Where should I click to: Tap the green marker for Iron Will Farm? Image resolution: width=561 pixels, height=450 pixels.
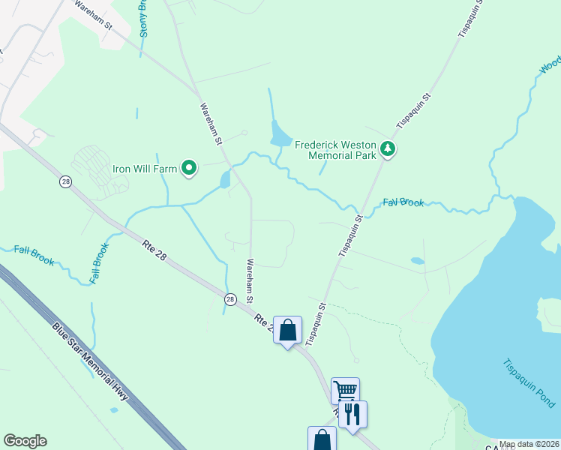[x=190, y=169]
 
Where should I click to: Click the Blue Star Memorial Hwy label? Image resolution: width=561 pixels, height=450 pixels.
[x=90, y=361]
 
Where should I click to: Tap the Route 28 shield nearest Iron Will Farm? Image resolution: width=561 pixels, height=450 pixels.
[x=66, y=182]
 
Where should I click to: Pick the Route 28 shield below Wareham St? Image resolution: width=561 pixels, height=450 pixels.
[x=230, y=299]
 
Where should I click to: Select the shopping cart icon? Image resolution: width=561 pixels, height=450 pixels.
[x=345, y=390]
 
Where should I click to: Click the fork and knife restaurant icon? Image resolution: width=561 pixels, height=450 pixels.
[x=352, y=414]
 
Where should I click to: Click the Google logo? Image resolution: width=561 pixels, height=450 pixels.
[x=25, y=441]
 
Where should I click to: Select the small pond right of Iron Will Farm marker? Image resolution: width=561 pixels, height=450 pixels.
[x=224, y=179]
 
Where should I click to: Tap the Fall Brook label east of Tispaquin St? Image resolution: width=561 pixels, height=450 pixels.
[x=403, y=202]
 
